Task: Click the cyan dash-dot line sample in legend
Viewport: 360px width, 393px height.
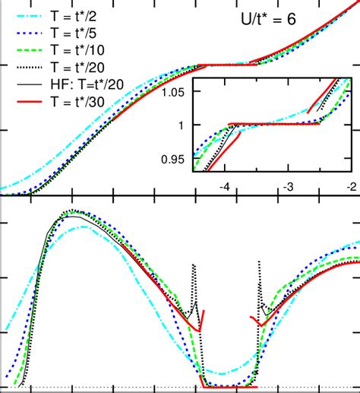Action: [x=24, y=13]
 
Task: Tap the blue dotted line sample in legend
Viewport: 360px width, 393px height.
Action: [x=24, y=33]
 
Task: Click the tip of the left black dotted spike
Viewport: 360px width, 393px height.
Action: [x=194, y=264]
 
